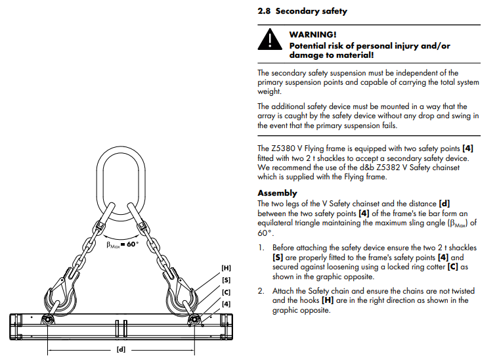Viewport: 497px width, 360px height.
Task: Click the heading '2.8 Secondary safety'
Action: (303, 11)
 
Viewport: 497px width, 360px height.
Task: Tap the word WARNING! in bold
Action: (314, 34)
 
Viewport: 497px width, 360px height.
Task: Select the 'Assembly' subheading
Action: (277, 193)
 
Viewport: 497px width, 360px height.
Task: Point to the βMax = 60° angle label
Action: (123, 244)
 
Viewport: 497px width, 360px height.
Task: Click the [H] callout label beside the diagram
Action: (226, 268)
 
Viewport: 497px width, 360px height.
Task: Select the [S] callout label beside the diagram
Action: (226, 280)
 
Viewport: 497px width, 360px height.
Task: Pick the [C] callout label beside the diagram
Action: (226, 292)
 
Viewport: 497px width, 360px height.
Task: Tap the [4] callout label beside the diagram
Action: (226, 304)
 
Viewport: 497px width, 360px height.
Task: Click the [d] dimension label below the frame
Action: (121, 349)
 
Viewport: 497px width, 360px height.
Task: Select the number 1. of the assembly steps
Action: (261, 248)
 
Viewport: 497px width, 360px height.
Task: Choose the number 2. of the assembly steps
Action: (261, 291)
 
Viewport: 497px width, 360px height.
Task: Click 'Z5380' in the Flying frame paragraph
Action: (280, 148)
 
